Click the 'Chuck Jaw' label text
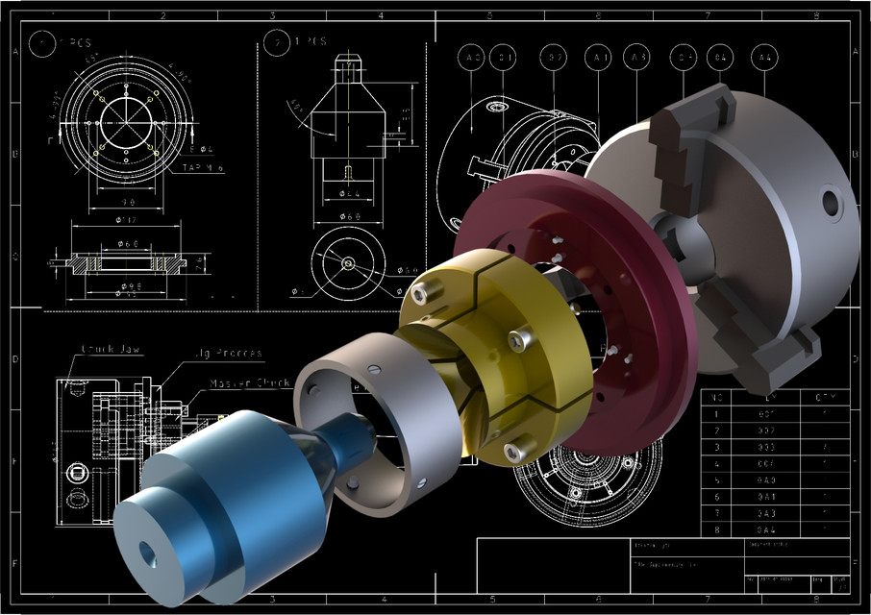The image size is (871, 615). [112, 349]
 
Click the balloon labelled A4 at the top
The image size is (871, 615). [764, 59]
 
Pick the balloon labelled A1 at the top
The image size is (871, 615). [600, 59]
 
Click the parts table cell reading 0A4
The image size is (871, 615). [766, 529]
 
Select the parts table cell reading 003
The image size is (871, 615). [766, 447]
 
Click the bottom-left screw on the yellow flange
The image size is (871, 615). [510, 447]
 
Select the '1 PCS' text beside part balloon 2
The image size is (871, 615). [310, 41]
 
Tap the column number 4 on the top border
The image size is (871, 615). [381, 14]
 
